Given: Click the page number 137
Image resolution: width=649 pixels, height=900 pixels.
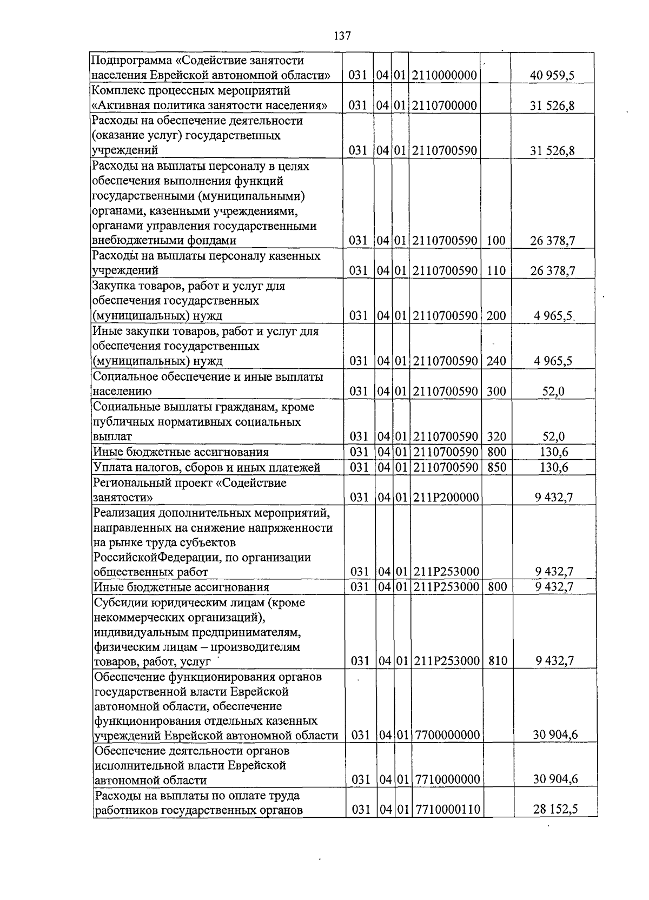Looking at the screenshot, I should (342, 36).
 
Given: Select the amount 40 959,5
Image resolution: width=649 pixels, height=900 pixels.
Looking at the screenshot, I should (552, 75).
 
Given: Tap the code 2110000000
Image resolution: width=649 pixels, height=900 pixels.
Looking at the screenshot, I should (444, 75).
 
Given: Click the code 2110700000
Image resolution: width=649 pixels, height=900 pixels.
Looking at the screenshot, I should (444, 105).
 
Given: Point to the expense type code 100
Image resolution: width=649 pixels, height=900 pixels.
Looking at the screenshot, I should (496, 241).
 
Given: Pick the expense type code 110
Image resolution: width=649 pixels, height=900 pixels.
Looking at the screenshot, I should (496, 270).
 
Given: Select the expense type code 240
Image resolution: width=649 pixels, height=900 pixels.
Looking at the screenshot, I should (496, 361).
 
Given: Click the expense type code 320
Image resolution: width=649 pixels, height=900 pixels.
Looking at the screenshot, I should (496, 436).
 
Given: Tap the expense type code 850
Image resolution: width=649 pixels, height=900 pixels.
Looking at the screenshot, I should (496, 467).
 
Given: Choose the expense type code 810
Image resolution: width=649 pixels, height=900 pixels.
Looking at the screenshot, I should (497, 660).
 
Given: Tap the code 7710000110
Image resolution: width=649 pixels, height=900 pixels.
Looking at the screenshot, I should (448, 810).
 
